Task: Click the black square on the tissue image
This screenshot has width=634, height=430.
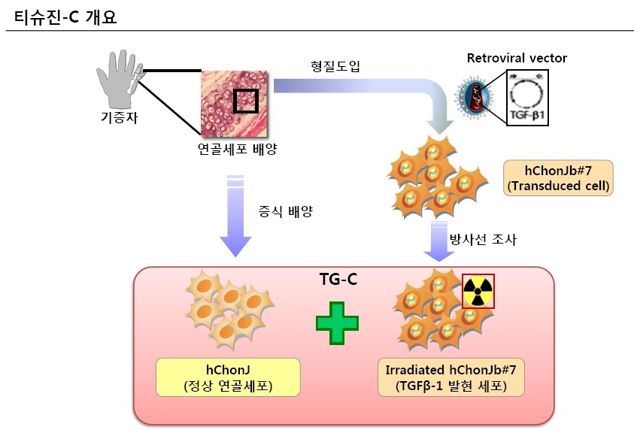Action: coord(246,100)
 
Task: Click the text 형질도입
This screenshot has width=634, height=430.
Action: coord(335,66)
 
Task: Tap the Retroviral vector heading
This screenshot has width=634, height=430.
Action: coord(517,58)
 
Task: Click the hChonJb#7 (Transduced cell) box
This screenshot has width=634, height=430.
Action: coord(557,178)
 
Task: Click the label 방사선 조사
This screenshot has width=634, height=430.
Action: coord(484,240)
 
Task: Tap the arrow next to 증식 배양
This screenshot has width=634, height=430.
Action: coord(235,214)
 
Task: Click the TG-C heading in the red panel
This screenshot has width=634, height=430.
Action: coord(338,280)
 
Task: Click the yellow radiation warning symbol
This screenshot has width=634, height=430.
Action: coord(478,290)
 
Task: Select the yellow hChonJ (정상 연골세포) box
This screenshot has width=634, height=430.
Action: coord(228,378)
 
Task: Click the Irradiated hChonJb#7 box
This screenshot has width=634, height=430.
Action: coord(450,378)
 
